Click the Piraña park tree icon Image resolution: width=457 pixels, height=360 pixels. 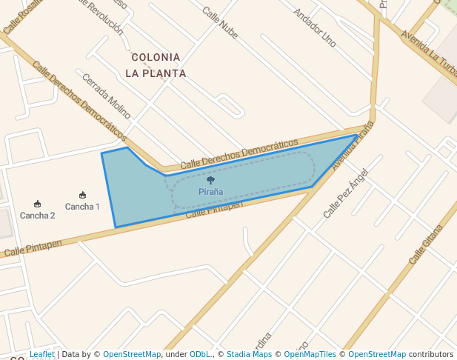click(210, 180)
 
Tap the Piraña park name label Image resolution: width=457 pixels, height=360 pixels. click(210, 192)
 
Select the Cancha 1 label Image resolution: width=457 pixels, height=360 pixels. click(82, 207)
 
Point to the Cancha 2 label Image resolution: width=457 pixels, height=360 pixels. click(37, 216)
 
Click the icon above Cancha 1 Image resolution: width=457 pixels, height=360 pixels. click(82, 196)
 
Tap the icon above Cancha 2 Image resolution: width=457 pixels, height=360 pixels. click(37, 204)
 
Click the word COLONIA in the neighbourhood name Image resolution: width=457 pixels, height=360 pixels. click(156, 57)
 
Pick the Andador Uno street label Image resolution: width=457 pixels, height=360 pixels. click(315, 27)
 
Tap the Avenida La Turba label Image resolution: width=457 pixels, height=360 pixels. click(429, 51)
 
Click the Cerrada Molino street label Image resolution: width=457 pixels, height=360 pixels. click(107, 96)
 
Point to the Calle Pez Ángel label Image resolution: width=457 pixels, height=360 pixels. click(345, 193)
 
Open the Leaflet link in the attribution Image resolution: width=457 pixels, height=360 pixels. click(42, 355)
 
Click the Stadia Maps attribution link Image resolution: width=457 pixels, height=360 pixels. click(249, 355)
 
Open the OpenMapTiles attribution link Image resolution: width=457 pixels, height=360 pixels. click(310, 355)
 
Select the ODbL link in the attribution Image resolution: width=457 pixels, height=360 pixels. click(201, 355)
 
